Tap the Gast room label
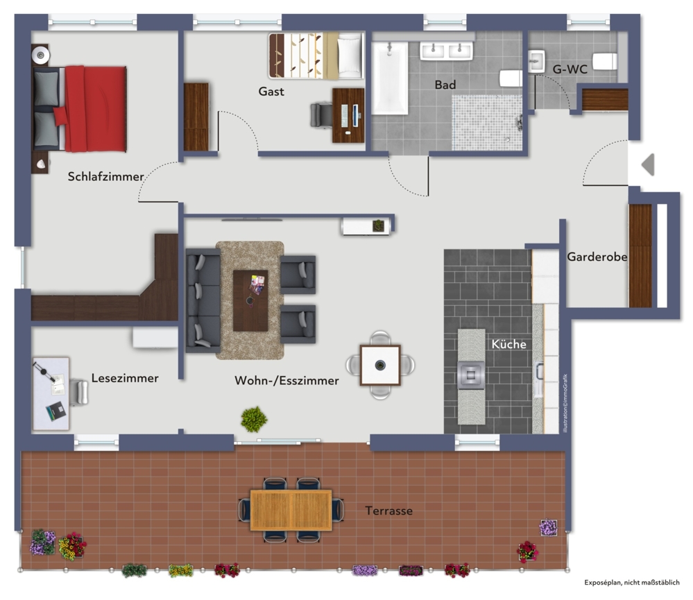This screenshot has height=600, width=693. (x=271, y=92)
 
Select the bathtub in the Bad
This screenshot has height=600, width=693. (x=389, y=78)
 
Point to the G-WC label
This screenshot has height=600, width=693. (x=570, y=69)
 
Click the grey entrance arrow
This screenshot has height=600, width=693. (x=649, y=165)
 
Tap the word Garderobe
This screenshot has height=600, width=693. (x=597, y=257)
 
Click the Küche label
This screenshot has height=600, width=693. (x=508, y=344)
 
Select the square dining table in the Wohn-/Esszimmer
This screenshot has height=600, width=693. (x=380, y=366)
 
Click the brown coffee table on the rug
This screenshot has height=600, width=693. (x=250, y=301)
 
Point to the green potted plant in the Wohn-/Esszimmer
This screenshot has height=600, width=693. (x=254, y=419)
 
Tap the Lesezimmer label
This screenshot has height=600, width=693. (x=125, y=378)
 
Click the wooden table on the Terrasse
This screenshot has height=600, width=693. (x=291, y=510)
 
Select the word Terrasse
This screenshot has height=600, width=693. (x=389, y=511)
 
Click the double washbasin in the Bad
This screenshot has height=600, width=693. (x=446, y=51)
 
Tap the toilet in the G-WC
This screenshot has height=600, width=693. (x=605, y=62)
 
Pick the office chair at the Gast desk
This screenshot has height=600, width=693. (x=321, y=115)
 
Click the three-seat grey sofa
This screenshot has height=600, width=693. (x=203, y=300)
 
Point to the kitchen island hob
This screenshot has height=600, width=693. (x=471, y=375)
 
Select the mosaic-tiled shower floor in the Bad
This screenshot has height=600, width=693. (x=486, y=122)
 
